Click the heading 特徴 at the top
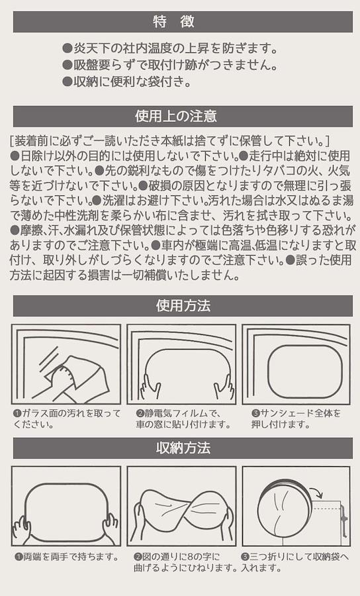point(173,22)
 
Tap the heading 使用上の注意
point(176,116)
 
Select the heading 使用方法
point(183,305)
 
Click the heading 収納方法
point(183,448)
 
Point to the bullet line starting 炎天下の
point(169,48)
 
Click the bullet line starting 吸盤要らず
point(169,65)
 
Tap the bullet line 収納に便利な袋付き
point(126,81)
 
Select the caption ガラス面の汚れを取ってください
point(67,419)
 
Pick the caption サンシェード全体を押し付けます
point(296,419)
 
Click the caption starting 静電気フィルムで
point(183,419)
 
